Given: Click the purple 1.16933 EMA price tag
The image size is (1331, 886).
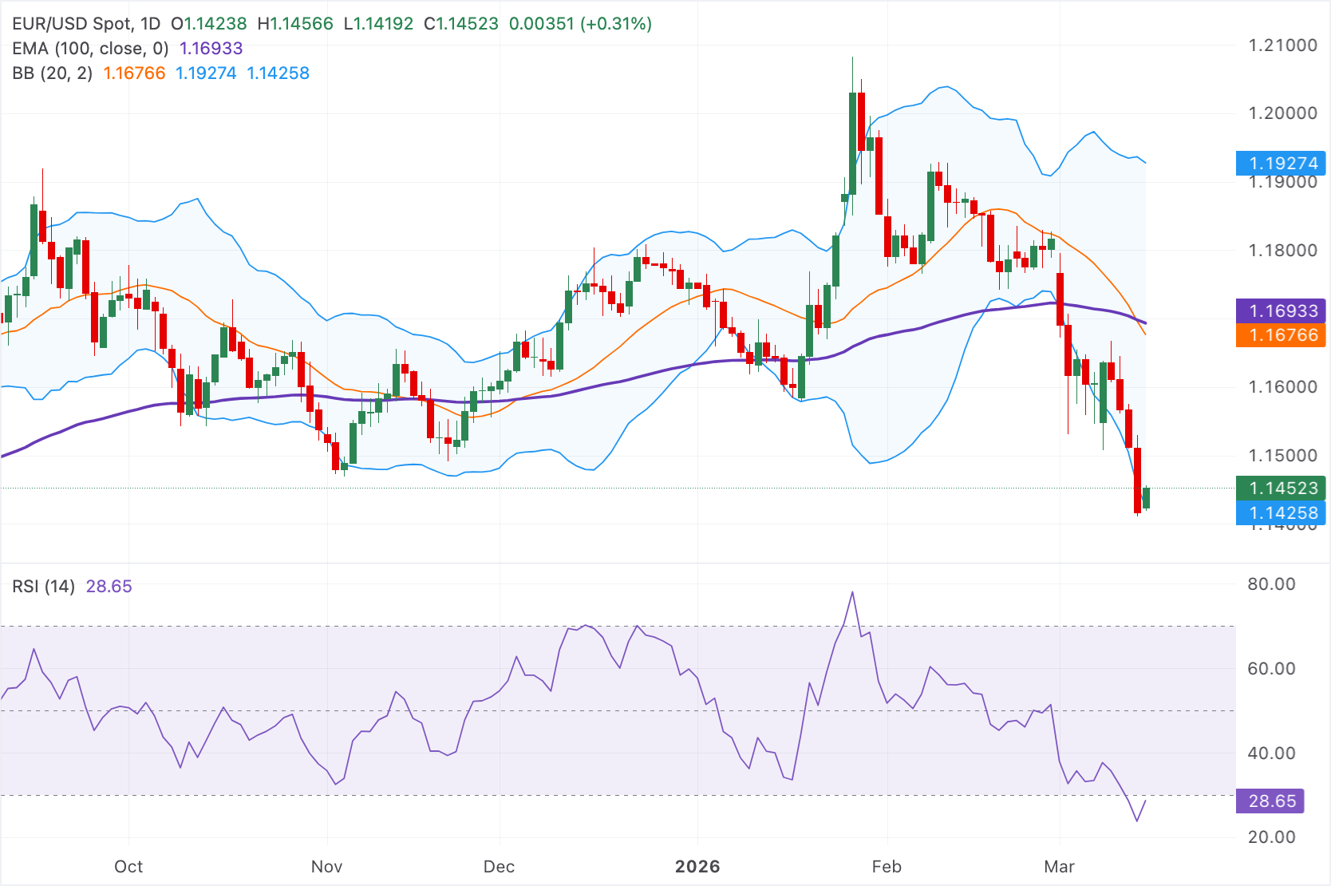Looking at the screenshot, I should point(1281,310).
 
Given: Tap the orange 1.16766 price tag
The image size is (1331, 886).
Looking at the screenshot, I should point(1281,335).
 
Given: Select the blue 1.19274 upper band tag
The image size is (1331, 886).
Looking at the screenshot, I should point(1281,164).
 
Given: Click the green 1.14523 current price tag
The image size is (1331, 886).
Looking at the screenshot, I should point(1281,488).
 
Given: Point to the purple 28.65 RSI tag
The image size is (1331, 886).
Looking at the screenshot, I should point(1270,801).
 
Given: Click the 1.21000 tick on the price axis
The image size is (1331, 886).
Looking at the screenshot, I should point(1282,45).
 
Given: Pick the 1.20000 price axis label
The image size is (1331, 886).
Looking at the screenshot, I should point(1282,113).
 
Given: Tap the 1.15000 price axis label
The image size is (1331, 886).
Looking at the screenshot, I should point(1282,456).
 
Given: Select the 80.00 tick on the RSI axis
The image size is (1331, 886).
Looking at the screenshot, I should point(1271,584).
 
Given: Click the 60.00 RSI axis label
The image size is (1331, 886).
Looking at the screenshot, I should point(1271,669).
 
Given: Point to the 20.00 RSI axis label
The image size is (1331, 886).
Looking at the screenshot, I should point(1271,837).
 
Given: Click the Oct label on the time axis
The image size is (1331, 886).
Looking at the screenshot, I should point(128,867).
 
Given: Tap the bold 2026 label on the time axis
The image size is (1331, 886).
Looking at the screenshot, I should point(697,867).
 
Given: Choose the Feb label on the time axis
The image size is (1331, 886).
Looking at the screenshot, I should point(887,867).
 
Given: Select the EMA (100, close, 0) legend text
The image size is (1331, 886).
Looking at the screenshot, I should point(90,49).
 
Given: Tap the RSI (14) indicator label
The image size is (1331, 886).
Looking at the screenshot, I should point(43,587).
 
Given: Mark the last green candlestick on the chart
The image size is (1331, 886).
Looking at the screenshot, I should point(1147,497).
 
